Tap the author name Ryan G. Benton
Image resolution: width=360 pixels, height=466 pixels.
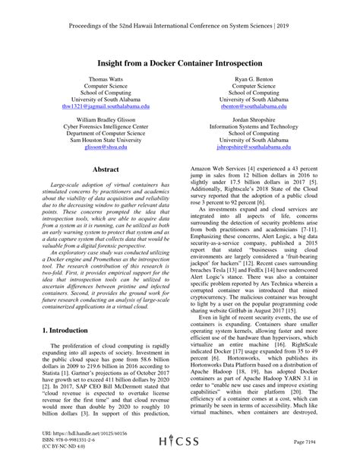tap(254, 79)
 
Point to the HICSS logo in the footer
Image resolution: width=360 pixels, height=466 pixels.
tap(180, 441)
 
